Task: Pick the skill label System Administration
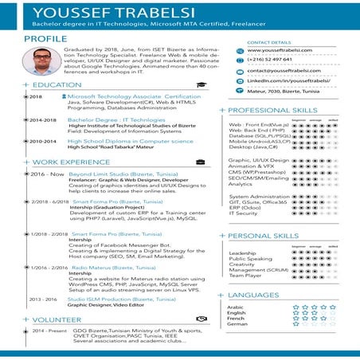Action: click(259, 196)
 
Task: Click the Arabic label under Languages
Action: click(236, 307)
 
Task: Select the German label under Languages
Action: click(237, 323)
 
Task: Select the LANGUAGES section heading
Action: click(253, 295)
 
